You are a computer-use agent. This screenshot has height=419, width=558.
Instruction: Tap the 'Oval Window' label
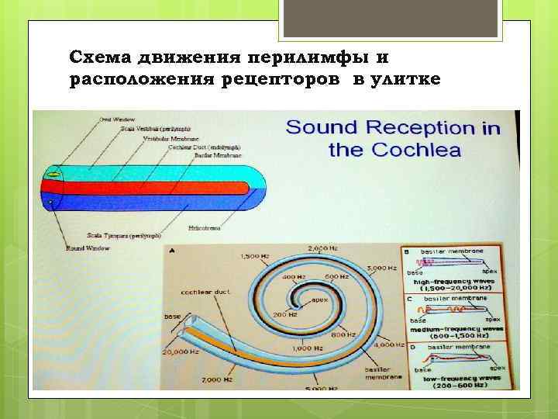(115, 119)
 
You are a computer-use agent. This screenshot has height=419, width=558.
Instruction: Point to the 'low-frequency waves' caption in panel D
(459, 378)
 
